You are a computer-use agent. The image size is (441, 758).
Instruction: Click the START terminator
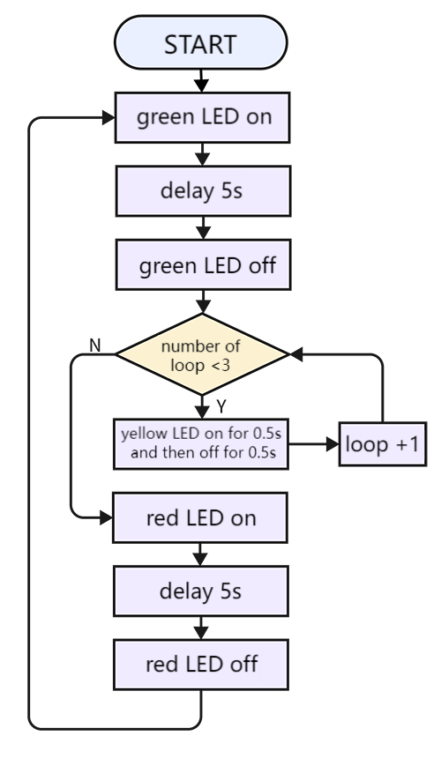click(x=201, y=42)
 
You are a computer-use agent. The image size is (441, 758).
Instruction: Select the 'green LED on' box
click(x=202, y=117)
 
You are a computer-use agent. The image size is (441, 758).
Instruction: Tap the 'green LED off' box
click(x=203, y=265)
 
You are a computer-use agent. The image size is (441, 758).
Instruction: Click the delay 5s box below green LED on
click(x=203, y=191)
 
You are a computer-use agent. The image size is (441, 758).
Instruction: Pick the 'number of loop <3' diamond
click(x=202, y=354)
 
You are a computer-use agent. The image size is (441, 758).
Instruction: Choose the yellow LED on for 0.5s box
click(x=201, y=443)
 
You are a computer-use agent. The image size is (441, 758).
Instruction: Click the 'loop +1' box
click(x=383, y=444)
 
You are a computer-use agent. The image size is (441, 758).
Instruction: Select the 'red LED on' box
click(x=200, y=517)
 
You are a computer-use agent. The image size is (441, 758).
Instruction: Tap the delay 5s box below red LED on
click(x=201, y=591)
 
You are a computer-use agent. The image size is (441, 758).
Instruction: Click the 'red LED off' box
click(x=201, y=665)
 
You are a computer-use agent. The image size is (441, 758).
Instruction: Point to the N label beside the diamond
click(x=95, y=346)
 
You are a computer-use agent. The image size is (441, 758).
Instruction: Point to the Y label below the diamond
click(x=221, y=407)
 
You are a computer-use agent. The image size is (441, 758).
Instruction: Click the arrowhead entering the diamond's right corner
click(x=295, y=354)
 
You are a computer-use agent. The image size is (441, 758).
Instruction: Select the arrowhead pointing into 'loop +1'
click(x=333, y=444)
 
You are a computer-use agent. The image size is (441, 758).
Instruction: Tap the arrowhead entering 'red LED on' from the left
click(x=106, y=518)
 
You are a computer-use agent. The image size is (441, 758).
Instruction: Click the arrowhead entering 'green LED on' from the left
click(x=108, y=117)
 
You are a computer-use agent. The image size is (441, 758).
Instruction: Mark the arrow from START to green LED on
click(x=201, y=81)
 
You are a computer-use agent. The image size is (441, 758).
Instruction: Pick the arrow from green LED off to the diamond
click(x=203, y=301)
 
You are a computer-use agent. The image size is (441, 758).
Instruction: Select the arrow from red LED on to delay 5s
click(x=200, y=554)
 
